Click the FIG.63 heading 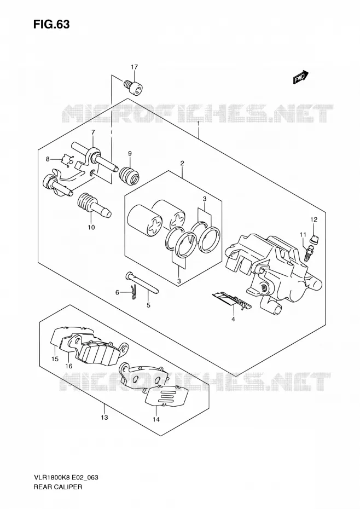[x=51, y=24]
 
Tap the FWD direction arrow [x=301, y=77]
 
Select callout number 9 [x=130, y=153]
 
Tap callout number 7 [x=93, y=132]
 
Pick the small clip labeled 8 [x=67, y=160]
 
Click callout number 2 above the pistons [x=182, y=163]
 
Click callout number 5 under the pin [x=148, y=305]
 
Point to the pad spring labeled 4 [x=231, y=300]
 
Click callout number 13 [x=104, y=418]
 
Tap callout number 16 [x=68, y=366]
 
